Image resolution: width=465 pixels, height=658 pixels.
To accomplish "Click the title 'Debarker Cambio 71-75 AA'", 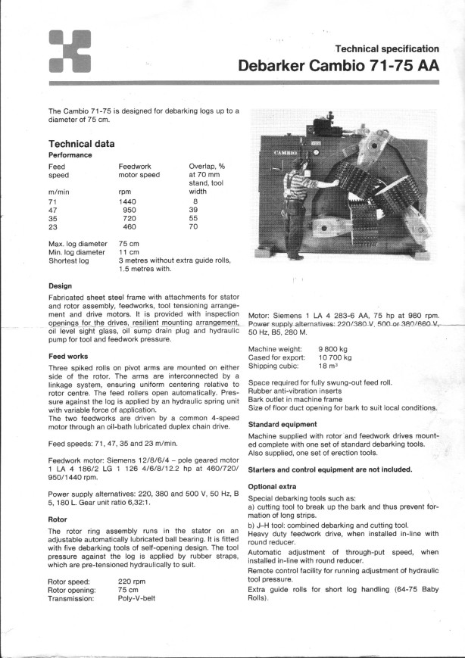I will point(339,66).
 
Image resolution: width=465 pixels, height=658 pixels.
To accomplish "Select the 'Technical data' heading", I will point(82,143).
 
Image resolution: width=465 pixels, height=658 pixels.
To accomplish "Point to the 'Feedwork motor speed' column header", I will point(139,170).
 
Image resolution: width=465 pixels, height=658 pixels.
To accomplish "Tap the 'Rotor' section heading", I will point(58,519).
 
